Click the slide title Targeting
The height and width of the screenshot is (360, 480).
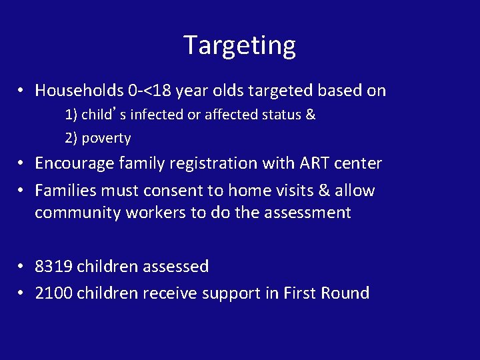pyautogui.click(x=239, y=45)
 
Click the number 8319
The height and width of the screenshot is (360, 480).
pyautogui.click(x=54, y=267)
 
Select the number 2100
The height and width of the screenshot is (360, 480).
pyautogui.click(x=54, y=293)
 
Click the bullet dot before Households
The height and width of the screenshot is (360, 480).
pyautogui.click(x=22, y=91)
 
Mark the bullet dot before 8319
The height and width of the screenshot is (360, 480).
pyautogui.click(x=22, y=267)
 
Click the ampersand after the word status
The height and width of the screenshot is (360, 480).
pyautogui.click(x=310, y=115)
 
